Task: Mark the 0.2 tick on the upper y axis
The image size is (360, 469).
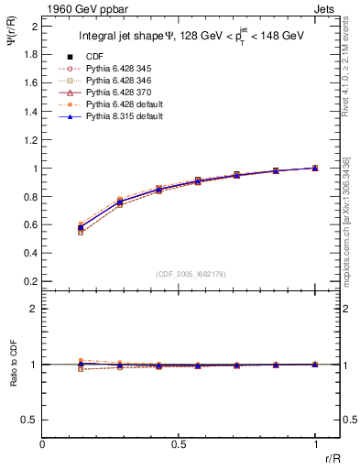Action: [30, 280]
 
